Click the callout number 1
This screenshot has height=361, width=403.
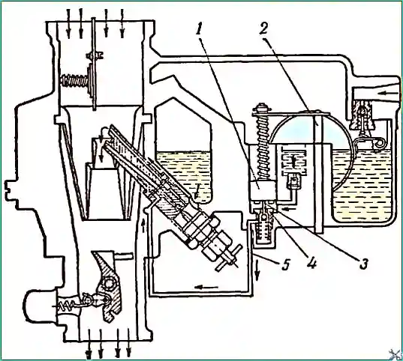(x=198, y=31)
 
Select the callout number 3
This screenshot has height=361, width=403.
(x=363, y=264)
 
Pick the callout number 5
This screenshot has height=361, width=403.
(x=286, y=264)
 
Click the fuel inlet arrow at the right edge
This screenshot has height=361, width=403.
(x=386, y=93)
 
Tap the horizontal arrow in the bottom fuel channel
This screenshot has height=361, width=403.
(x=206, y=287)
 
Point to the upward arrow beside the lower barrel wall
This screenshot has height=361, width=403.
(x=143, y=225)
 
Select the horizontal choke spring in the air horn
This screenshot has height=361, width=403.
(x=74, y=80)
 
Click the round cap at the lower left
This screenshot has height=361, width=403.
(x=38, y=306)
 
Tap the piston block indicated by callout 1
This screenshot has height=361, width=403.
(x=262, y=190)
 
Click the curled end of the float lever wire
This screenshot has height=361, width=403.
(x=378, y=142)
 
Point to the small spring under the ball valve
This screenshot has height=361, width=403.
(x=263, y=234)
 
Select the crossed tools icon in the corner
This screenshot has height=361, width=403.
(x=396, y=354)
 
